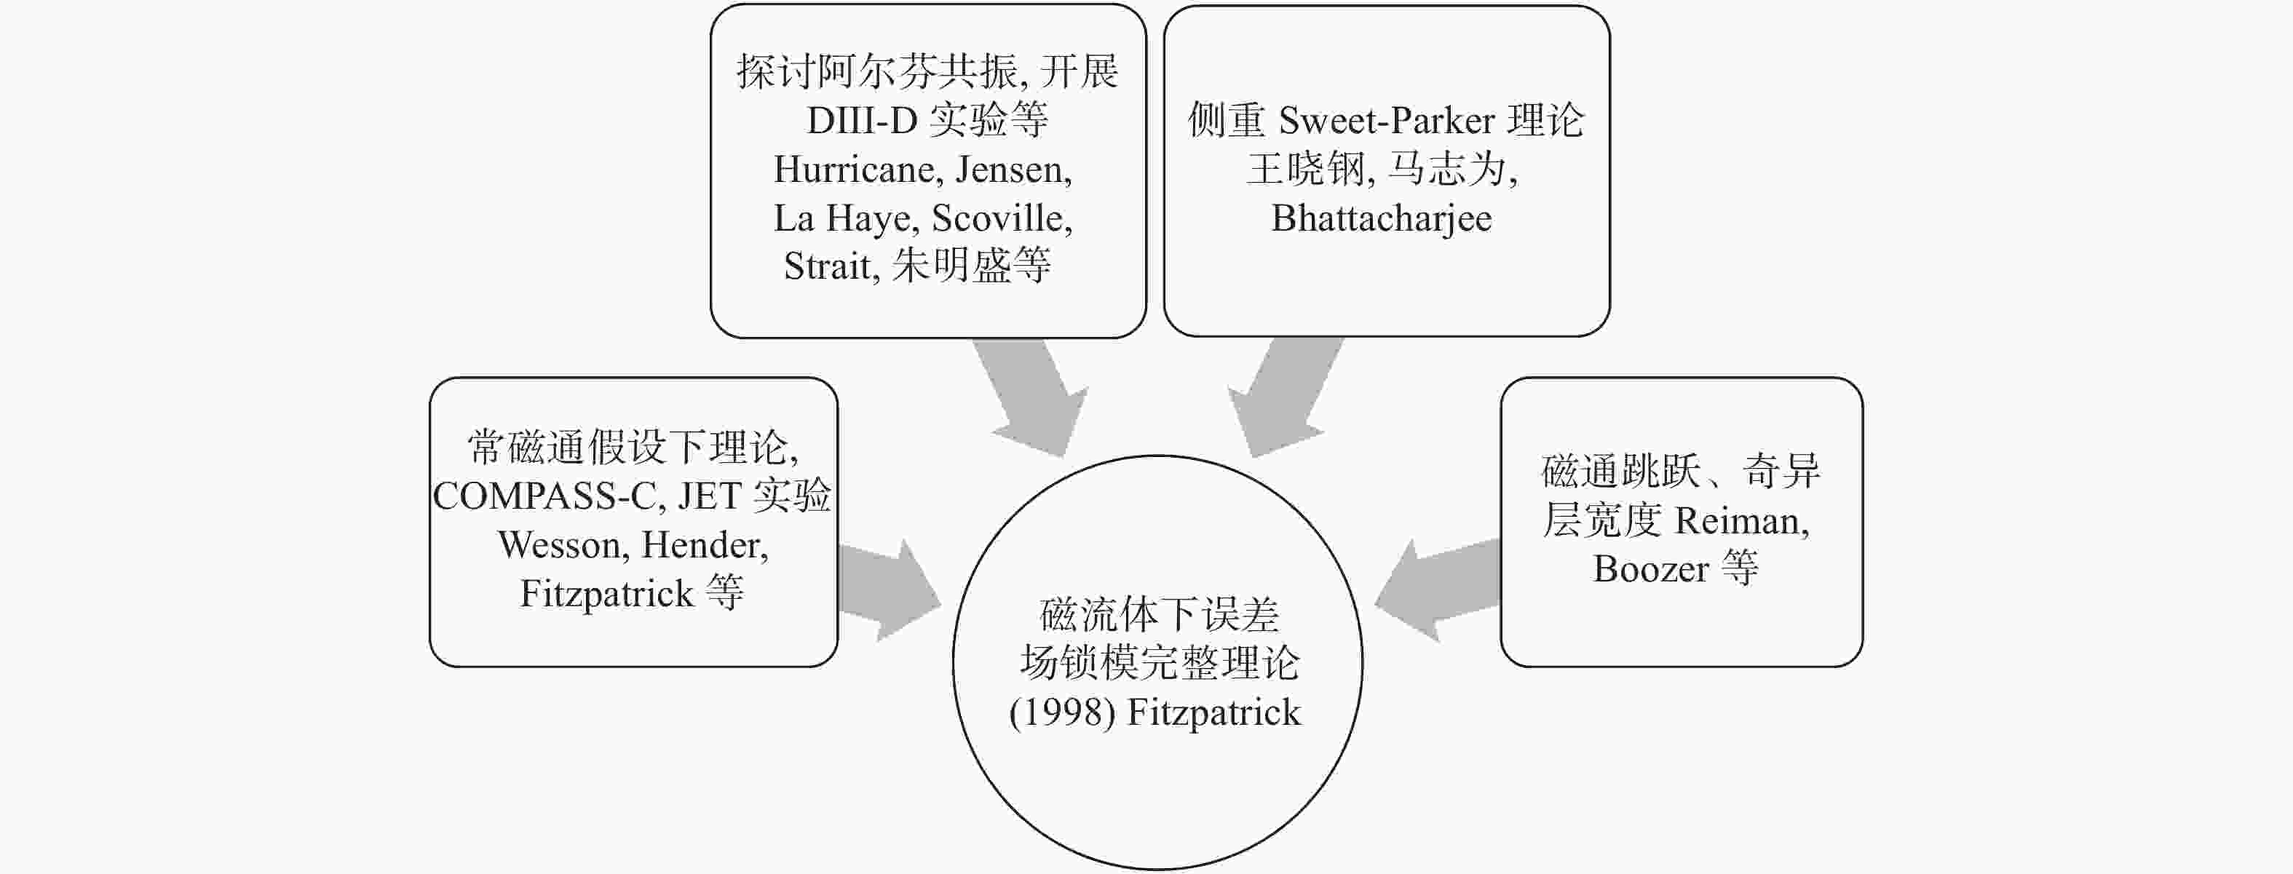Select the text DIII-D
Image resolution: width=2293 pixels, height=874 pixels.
click(x=862, y=120)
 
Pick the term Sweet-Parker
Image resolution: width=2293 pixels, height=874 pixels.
click(x=1385, y=121)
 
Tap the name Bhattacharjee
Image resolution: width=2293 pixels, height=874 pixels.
click(x=1381, y=219)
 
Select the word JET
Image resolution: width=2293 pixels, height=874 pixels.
click(x=710, y=496)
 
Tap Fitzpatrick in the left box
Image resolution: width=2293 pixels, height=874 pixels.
click(x=606, y=594)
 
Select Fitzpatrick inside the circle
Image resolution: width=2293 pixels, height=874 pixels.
click(x=1214, y=712)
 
